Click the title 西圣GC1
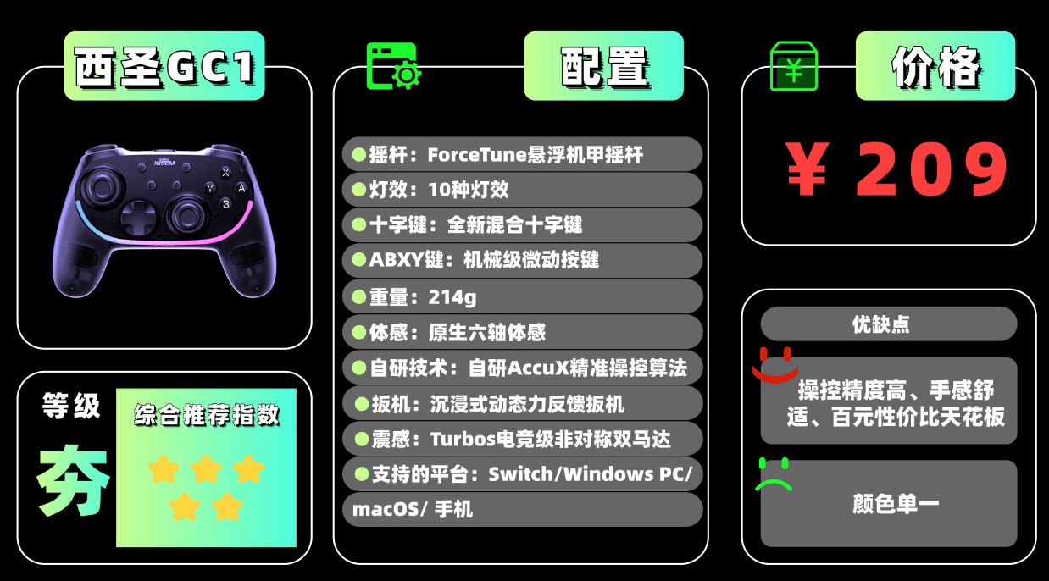pyautogui.click(x=164, y=68)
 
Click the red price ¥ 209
pyautogui.click(x=897, y=169)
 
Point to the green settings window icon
pyautogui.click(x=393, y=67)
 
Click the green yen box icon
pyautogui.click(x=793, y=67)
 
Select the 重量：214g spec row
pyautogui.click(x=522, y=297)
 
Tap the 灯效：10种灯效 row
pyautogui.click(x=522, y=190)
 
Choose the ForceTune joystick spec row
pyautogui.click(x=522, y=154)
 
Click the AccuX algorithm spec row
pyautogui.click(x=522, y=368)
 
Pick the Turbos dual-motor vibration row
pyautogui.click(x=522, y=439)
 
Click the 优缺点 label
pyautogui.click(x=887, y=324)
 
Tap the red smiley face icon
pyautogui.click(x=775, y=364)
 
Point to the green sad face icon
pyautogui.click(x=774, y=475)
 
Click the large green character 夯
pyautogui.click(x=73, y=479)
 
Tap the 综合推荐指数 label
pyautogui.click(x=206, y=416)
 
